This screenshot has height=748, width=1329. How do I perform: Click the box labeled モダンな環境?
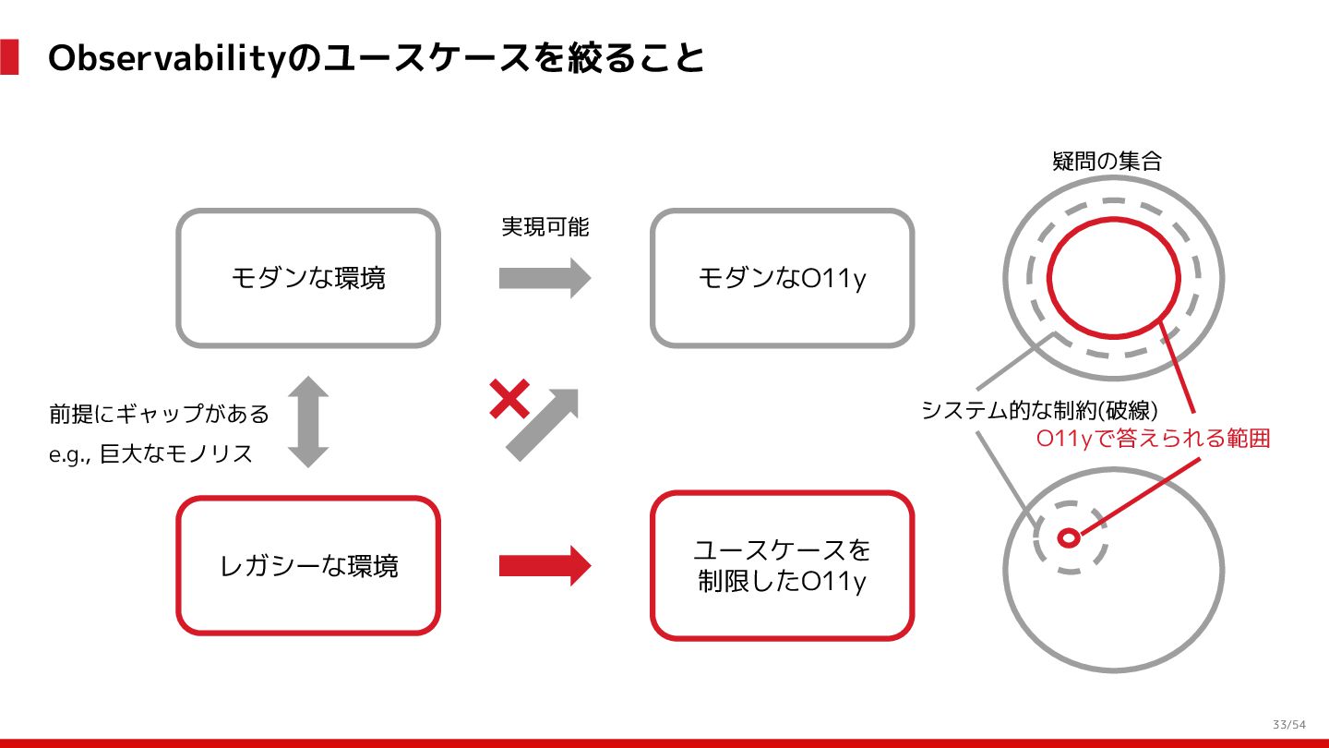pos(308,278)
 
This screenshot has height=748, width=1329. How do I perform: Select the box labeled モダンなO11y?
pos(782,278)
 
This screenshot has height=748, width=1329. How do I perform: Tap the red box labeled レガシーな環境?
pos(308,565)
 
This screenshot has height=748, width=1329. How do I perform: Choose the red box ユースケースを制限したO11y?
pos(782,565)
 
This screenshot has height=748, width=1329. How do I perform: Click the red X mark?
pos(509,399)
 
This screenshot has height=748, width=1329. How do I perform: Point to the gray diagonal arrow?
pos(543,424)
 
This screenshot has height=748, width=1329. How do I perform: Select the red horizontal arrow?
pos(545,565)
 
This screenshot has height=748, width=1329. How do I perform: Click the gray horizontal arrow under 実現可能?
pos(545,278)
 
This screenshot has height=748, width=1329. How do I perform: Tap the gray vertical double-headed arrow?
pos(308,421)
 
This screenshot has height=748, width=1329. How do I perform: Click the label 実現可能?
pos(545,226)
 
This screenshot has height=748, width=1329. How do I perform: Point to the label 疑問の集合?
pos(1107,162)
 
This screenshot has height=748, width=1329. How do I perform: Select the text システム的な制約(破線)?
pos(1039,409)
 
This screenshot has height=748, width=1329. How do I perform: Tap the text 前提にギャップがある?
pos(159,414)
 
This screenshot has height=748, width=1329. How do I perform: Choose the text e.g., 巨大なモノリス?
pos(150,454)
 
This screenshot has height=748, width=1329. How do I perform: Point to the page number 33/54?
pos(1288,723)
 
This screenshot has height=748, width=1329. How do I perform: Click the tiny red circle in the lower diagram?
pos(1069,537)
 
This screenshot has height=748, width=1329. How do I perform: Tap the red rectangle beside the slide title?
pos(9,57)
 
